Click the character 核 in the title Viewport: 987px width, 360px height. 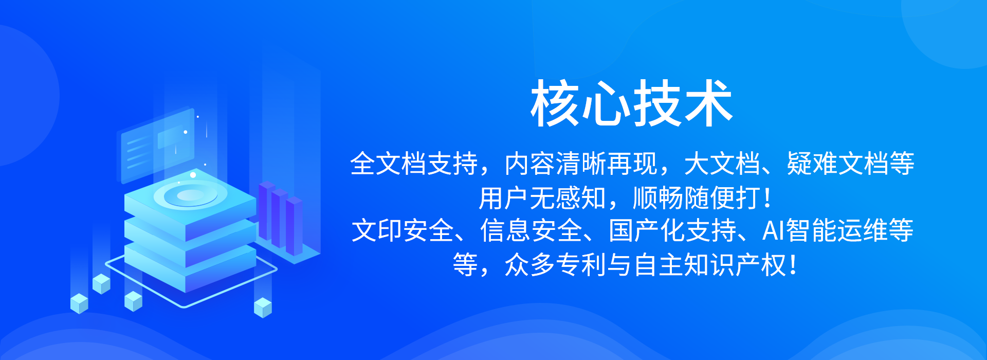coord(555,103)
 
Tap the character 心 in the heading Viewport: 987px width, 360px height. coord(606,103)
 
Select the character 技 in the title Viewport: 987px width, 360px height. coord(657,103)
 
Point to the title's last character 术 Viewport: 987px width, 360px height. coord(708,103)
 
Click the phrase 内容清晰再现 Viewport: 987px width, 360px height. coord(581,164)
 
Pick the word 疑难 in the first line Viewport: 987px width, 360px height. coord(812,164)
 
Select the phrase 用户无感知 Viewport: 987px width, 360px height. coord(542,198)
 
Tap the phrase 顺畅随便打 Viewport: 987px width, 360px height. coord(697,198)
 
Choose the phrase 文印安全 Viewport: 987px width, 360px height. coord(403,231)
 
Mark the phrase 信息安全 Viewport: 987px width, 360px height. coord(531,231)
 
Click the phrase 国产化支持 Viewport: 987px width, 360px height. coord(672,231)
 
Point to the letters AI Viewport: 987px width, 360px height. coord(773,231)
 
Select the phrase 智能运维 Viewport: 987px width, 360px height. coord(837,231)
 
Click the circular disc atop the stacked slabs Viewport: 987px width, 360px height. coord(190,196)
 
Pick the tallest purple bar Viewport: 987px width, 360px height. coord(266,211)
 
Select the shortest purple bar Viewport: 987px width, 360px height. coord(294,226)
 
